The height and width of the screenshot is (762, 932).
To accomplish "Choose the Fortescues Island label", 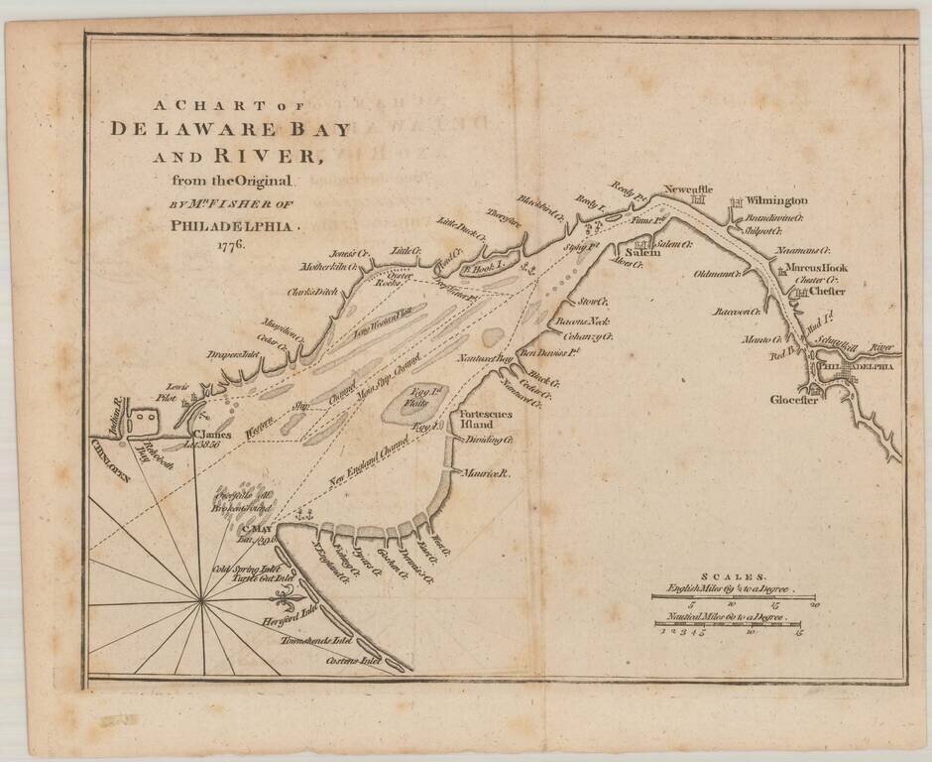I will tap(483, 419).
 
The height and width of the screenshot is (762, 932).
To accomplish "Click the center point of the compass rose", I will tap(202, 600).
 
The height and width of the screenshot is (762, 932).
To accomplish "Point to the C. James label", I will tap(211, 434).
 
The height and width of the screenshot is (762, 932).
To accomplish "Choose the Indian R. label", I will tap(117, 409).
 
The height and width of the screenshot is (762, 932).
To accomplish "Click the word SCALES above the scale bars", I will tap(733, 575).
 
